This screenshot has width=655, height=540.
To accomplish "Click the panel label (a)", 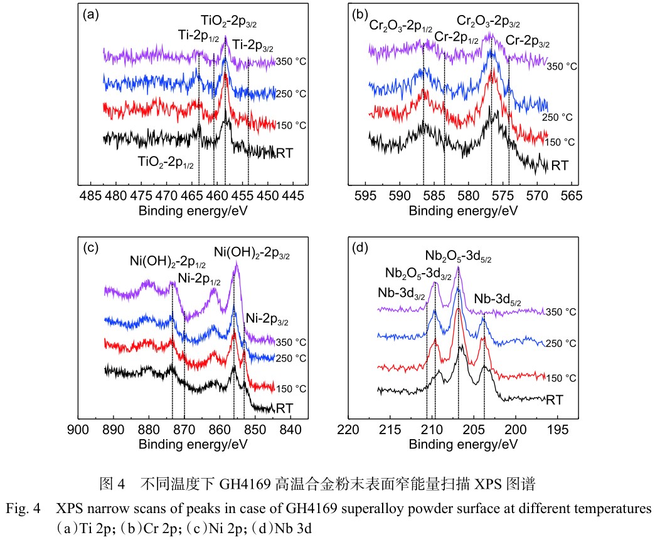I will point(90,14).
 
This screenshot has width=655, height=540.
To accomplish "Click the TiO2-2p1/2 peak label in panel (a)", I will point(166,160).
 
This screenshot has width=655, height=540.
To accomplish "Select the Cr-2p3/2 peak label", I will point(527,43).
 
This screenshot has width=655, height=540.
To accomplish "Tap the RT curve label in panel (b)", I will point(559,166).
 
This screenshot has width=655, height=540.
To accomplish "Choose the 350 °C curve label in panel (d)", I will point(561,312).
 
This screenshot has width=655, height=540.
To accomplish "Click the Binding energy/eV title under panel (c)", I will point(188,444).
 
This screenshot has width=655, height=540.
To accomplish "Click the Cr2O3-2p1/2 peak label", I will point(401,26).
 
